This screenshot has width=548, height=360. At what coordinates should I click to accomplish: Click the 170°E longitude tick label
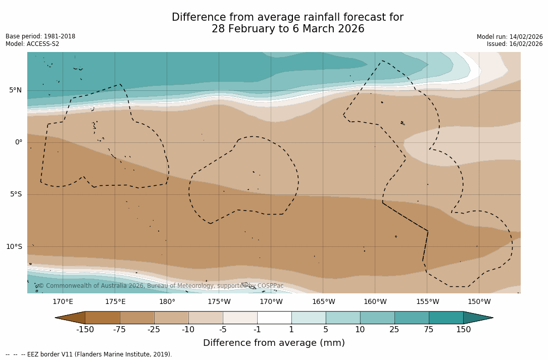point(63,302)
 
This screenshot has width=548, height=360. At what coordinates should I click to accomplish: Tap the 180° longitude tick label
point(167,302)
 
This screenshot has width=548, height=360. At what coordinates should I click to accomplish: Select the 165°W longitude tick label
point(323,302)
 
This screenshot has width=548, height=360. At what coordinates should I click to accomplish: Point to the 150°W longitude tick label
point(479,302)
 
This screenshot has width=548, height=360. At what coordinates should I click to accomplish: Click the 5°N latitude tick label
point(16,90)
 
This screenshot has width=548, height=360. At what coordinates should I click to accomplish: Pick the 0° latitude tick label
point(19,142)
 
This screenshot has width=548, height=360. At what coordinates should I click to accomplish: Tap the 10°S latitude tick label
point(14,247)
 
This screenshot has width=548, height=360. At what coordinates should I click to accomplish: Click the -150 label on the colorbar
point(85,330)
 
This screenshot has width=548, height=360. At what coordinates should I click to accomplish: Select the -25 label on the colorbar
point(154,330)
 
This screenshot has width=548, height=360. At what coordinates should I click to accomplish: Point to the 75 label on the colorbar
point(429,330)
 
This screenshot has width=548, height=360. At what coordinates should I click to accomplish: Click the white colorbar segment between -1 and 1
point(274,318)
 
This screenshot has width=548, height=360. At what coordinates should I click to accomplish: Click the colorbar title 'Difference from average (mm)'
point(274,343)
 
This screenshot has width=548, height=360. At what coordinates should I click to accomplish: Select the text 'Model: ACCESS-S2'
point(32,44)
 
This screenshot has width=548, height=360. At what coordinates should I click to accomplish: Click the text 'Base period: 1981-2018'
point(40,36)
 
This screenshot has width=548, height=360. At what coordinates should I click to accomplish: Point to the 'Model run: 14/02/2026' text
point(510,37)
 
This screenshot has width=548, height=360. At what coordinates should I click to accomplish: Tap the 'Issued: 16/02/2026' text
point(515,44)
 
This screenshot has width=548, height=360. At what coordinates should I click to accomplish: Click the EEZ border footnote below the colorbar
point(89,354)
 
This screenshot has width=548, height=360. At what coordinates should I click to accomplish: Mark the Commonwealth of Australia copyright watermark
point(161,286)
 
